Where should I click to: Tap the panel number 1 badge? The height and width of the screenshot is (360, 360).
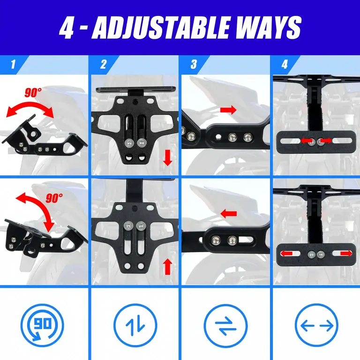[13, 64]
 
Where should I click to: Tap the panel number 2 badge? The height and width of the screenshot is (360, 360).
[103, 64]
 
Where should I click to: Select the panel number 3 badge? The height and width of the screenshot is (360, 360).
[193, 64]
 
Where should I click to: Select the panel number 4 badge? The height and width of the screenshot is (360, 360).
[284, 64]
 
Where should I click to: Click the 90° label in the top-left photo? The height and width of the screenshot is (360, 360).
[34, 93]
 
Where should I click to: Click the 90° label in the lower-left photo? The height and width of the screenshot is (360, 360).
[54, 198]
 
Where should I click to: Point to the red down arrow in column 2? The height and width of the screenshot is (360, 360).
[168, 159]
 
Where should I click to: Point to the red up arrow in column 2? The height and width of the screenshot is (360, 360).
[167, 267]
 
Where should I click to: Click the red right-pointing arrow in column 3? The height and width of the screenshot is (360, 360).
[228, 110]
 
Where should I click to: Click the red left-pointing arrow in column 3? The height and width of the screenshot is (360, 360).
[228, 214]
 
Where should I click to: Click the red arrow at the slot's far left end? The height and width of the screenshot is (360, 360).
[287, 254]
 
